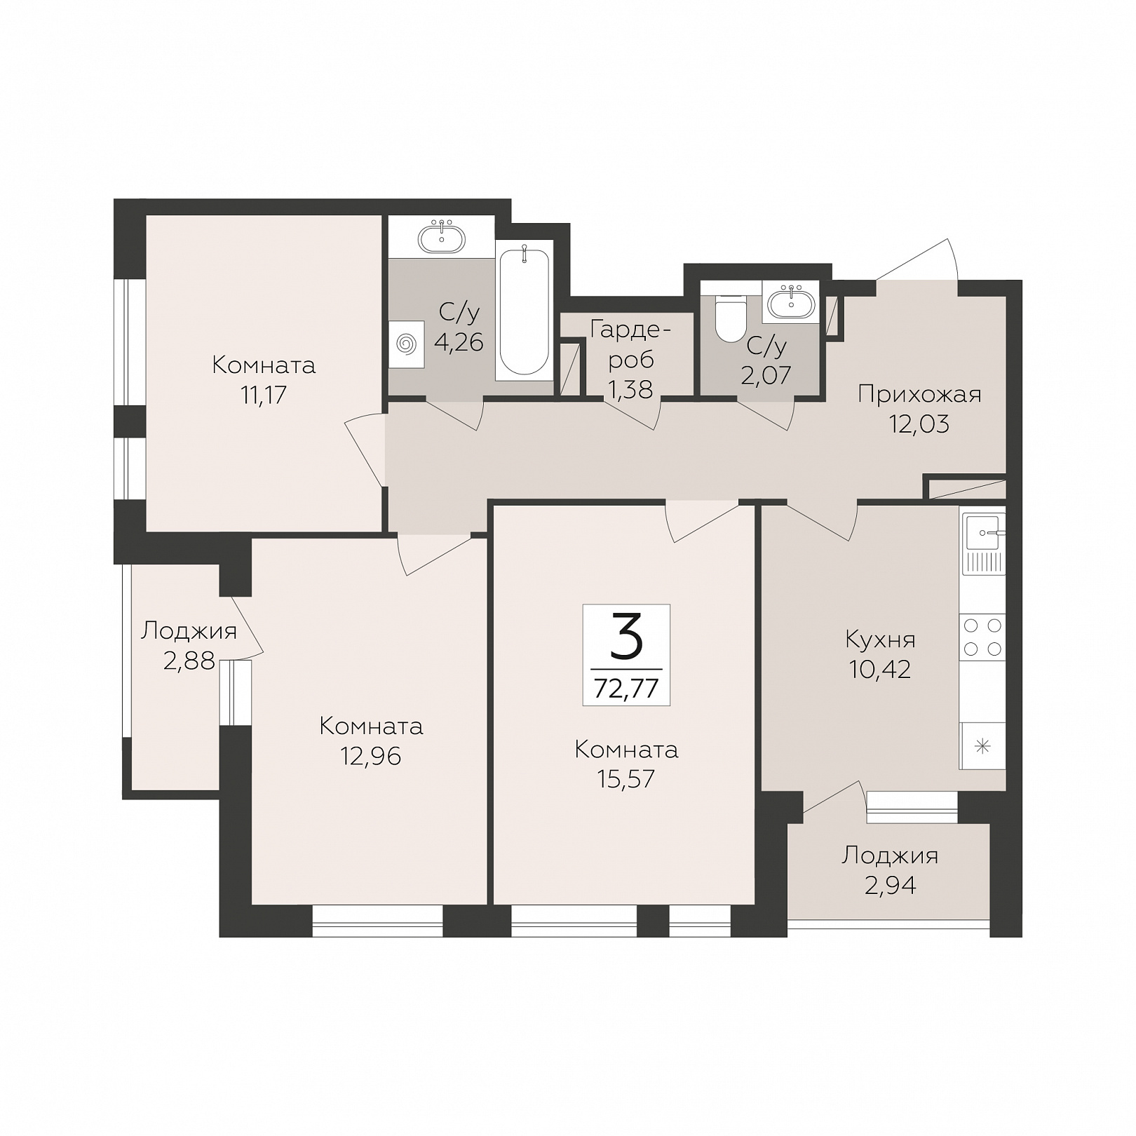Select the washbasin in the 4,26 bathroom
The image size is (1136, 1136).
click(x=442, y=238)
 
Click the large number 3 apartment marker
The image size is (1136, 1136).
click(x=626, y=636)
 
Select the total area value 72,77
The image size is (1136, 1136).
click(x=626, y=688)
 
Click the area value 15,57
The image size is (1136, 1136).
click(x=626, y=778)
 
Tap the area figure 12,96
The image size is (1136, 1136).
click(x=371, y=756)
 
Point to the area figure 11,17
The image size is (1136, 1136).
click(x=264, y=395)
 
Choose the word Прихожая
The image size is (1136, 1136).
click(x=919, y=395)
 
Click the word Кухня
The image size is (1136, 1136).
click(x=881, y=640)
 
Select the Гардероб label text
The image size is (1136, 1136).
click(x=631, y=344)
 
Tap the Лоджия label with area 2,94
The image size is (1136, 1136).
click(x=890, y=856)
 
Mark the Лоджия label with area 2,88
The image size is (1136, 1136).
click(x=189, y=631)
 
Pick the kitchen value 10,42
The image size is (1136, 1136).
click(x=880, y=670)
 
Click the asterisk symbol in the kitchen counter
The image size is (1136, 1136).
click(x=983, y=746)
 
